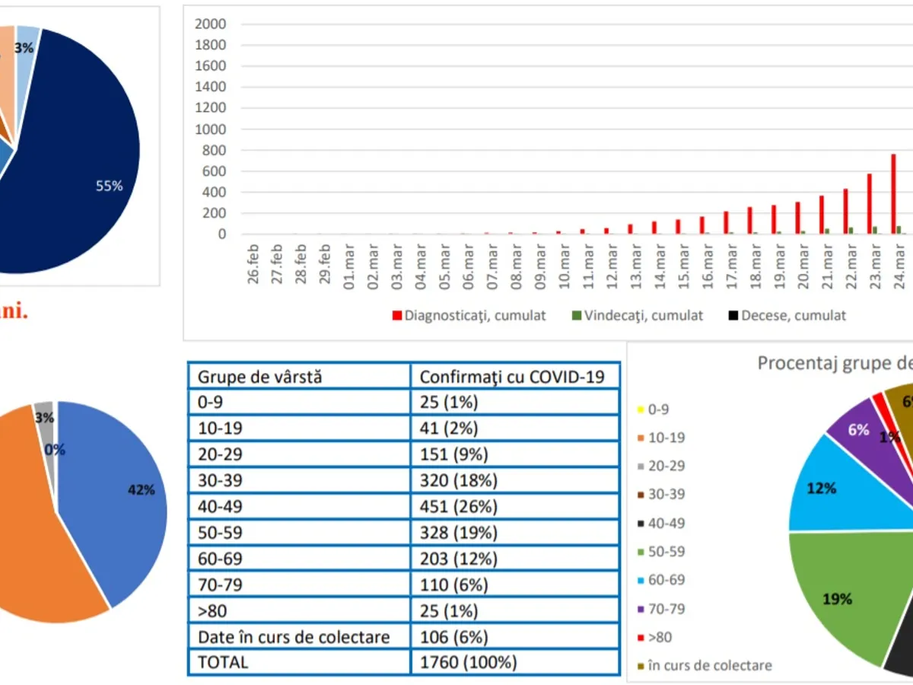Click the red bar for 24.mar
(893, 194)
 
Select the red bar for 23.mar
(870, 204)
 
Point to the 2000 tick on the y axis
(211, 24)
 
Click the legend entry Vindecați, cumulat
(637, 315)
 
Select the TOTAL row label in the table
(223, 662)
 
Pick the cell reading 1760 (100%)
(469, 662)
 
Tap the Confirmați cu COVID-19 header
(512, 376)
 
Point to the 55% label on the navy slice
(110, 186)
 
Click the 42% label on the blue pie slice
(141, 490)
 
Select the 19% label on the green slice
(837, 599)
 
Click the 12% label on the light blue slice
(822, 488)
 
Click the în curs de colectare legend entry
(704, 665)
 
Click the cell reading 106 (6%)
(454, 636)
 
